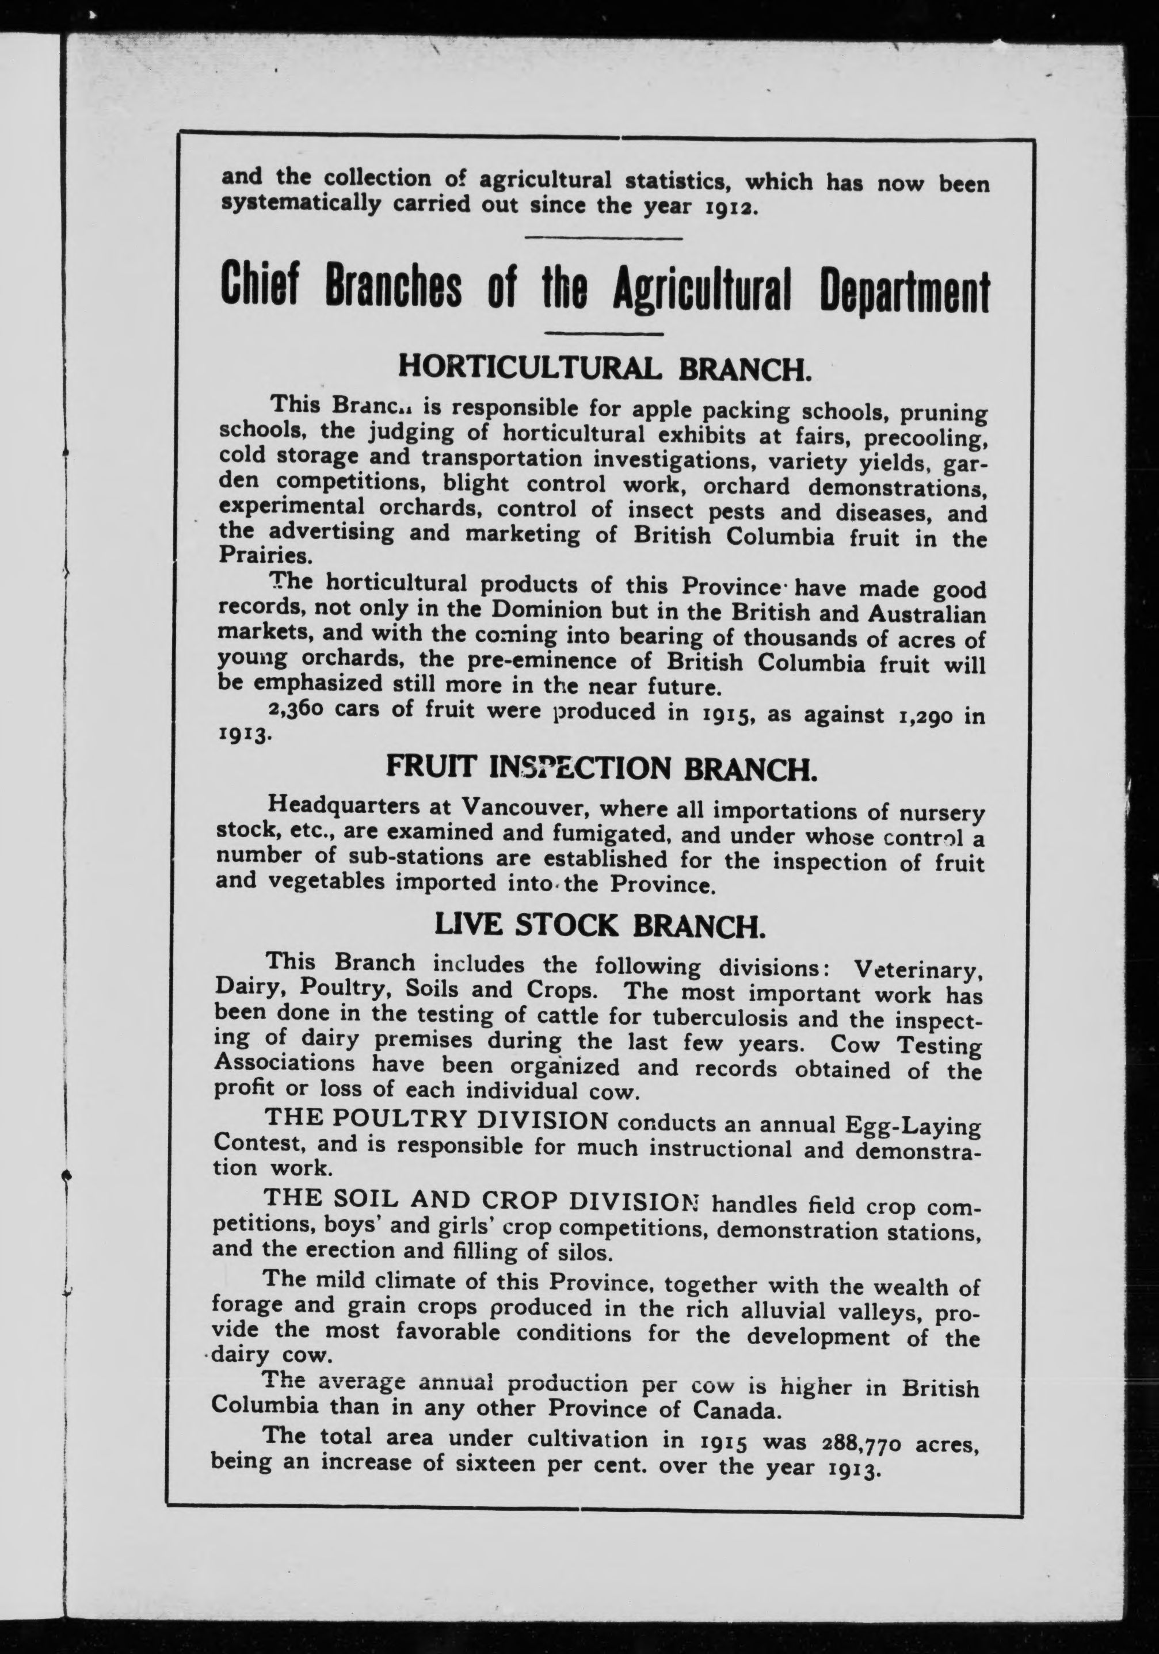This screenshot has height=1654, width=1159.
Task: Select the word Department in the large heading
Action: pyautogui.click(x=905, y=292)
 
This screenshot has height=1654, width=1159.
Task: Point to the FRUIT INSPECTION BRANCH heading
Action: pyautogui.click(x=601, y=769)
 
